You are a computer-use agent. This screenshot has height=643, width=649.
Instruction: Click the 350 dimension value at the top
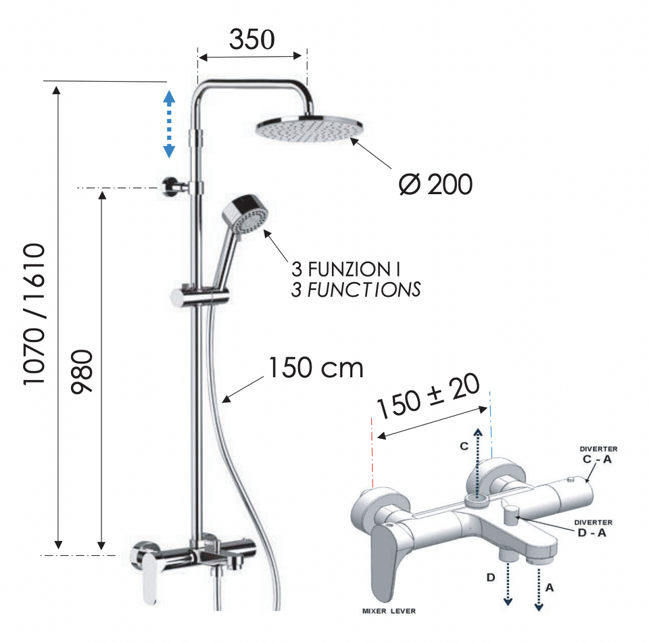[251, 39]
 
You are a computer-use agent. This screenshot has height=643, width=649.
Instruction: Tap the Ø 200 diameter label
[435, 185]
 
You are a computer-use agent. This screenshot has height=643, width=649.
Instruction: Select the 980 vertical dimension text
[82, 372]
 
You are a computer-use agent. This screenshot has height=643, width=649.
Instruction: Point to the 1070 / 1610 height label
[34, 314]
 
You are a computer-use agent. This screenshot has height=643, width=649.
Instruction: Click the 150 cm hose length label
[316, 368]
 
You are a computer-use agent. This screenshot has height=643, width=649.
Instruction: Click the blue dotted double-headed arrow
[169, 124]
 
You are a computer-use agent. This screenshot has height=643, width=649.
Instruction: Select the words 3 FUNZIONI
[345, 269]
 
